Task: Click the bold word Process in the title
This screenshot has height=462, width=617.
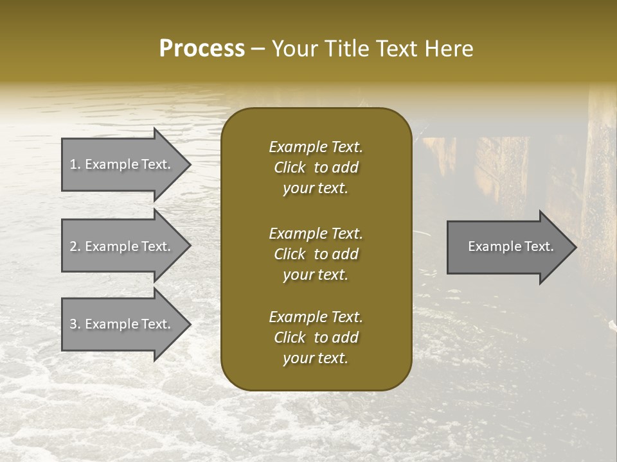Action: (202, 49)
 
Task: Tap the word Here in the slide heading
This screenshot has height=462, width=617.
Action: (450, 49)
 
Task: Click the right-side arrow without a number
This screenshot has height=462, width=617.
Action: (508, 246)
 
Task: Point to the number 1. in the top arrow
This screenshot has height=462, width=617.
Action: (75, 164)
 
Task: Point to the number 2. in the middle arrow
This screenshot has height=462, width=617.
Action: (75, 246)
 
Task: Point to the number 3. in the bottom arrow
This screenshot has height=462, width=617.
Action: (75, 324)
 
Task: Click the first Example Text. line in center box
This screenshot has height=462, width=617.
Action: (316, 147)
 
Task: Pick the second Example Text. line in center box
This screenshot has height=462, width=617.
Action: (316, 233)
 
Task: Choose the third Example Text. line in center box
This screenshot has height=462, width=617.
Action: (316, 317)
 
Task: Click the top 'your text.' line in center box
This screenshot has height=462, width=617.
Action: (316, 189)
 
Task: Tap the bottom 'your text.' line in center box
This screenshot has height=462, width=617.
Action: (316, 359)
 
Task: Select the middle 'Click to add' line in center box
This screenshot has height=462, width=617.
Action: (316, 254)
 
